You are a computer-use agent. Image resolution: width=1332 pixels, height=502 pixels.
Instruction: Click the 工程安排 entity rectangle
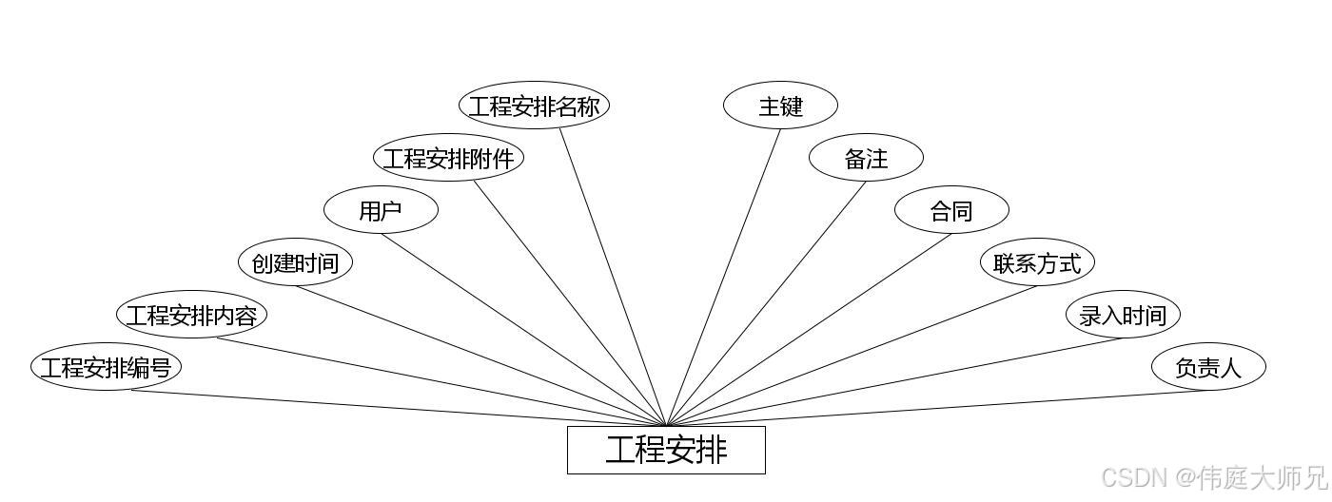(x=666, y=450)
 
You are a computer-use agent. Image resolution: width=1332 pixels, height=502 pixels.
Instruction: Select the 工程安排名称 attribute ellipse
(x=534, y=106)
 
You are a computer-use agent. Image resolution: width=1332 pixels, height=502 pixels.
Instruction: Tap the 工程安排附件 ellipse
(x=448, y=158)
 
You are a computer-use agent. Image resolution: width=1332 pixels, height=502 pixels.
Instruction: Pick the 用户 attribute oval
(x=381, y=210)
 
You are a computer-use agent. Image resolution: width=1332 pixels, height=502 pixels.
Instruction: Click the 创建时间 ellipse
(x=295, y=262)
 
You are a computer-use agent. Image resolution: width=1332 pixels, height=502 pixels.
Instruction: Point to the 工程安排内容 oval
(x=191, y=315)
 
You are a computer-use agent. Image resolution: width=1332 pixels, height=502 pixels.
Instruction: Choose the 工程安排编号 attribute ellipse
(x=106, y=367)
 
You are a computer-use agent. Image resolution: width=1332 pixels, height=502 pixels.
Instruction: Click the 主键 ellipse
(x=780, y=106)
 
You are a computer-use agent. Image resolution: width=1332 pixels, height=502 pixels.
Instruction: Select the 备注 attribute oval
(x=866, y=158)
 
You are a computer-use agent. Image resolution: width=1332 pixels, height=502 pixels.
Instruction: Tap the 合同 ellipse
(x=951, y=210)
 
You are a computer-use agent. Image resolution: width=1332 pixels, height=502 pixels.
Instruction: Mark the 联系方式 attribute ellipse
(x=1037, y=262)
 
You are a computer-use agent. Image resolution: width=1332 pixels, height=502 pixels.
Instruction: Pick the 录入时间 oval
(x=1123, y=315)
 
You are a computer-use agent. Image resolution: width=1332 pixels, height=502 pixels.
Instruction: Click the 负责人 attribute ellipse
(x=1208, y=367)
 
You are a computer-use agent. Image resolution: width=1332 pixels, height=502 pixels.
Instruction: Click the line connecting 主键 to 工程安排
(x=723, y=277)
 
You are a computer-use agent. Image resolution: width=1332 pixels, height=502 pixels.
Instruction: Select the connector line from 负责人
(x=937, y=408)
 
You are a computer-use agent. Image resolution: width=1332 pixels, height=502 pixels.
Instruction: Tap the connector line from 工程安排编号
(x=400, y=409)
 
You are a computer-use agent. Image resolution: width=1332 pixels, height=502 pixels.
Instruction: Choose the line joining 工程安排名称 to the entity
(x=613, y=277)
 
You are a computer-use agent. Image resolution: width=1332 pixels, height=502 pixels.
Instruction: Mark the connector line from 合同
(x=809, y=330)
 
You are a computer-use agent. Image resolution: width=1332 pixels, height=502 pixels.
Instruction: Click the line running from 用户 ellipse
(x=523, y=330)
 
